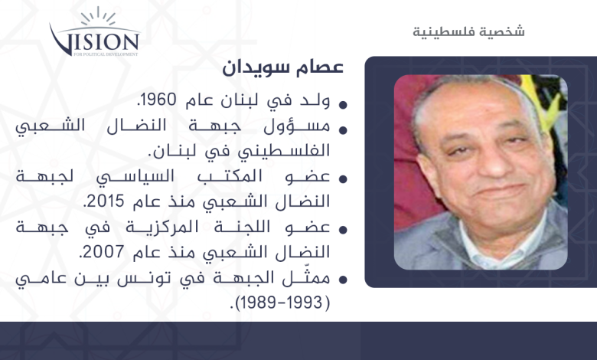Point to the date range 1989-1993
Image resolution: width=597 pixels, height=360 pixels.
(280, 303)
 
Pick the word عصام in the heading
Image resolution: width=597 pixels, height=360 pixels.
(320, 67)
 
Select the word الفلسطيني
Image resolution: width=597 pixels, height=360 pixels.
(284, 151)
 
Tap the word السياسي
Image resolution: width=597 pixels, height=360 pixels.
(135, 177)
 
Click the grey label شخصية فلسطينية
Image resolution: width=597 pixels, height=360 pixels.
(468, 31)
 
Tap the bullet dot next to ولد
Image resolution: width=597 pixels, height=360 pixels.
(343, 105)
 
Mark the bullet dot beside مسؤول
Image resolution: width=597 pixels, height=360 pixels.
(343, 130)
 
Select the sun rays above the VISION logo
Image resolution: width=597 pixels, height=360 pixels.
(98, 17)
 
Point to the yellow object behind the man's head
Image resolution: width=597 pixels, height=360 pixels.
(540, 101)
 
